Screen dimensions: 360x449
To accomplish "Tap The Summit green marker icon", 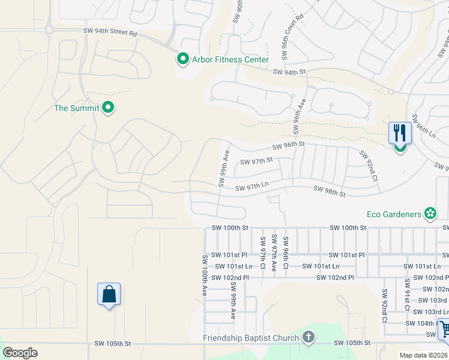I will (108, 108).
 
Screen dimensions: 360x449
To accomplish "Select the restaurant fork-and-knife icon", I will (400, 133).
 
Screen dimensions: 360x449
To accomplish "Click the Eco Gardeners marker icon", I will (430, 214).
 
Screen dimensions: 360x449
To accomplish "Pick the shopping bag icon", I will (109, 295).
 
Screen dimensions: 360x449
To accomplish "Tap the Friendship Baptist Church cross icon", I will (308, 337).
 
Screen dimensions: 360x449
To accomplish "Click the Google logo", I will (20, 353).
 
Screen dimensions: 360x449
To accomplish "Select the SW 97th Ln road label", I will (252, 188).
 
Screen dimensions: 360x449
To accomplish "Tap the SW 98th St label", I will (330, 192).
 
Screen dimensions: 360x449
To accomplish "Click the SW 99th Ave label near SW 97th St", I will (224, 169).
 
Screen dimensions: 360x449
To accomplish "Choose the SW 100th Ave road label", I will (205, 275).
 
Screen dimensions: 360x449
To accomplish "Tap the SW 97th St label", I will (256, 161).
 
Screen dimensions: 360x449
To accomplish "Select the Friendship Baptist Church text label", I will (251, 338).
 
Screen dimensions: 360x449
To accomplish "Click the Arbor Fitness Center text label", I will (230, 59).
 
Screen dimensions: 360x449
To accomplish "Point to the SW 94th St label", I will (289, 72).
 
